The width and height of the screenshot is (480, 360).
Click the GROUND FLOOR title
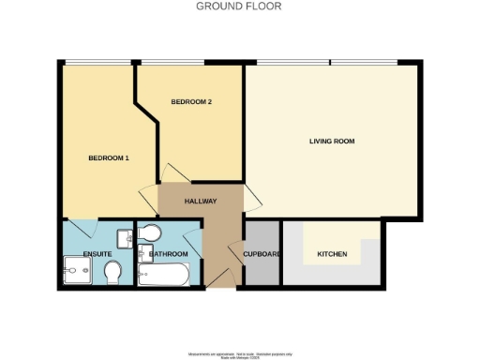tap(238, 6)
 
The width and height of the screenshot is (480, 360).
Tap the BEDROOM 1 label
tap(108, 157)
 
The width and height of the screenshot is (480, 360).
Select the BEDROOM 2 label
tap(190, 101)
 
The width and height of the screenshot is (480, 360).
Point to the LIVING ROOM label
tap(332, 142)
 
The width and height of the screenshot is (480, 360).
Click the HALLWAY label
tap(201, 201)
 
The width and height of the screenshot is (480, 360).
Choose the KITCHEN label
tap(332, 254)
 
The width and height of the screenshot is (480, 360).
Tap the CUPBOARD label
tap(262, 254)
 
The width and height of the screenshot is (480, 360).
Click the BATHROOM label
tap(169, 254)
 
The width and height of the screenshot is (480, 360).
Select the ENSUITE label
tap(97, 254)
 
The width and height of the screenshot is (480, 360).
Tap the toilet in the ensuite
tap(112, 273)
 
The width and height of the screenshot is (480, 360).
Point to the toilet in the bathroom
tap(153, 232)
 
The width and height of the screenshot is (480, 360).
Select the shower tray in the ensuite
tap(76, 273)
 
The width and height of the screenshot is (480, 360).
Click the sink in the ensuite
tap(125, 236)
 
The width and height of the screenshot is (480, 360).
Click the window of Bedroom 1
tap(91, 63)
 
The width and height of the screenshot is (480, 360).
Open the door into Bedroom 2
tap(174, 173)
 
